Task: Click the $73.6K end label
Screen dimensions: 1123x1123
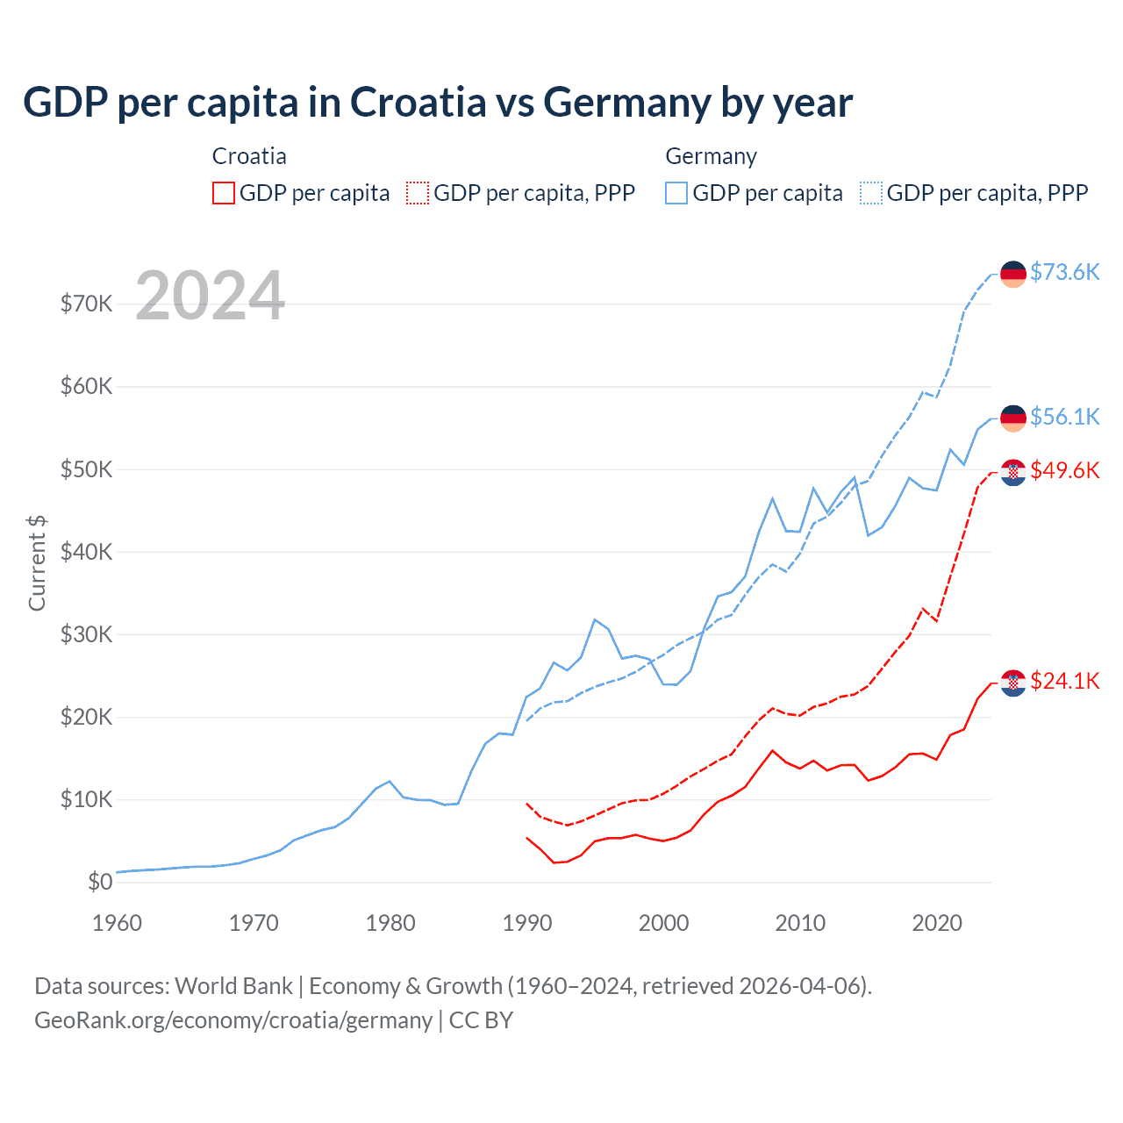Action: [1064, 272]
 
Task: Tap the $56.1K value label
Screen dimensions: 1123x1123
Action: [1064, 417]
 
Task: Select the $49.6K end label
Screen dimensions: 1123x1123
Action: [1064, 470]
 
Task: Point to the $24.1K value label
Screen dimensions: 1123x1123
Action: [1064, 681]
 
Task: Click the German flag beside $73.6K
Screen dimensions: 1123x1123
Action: [1013, 274]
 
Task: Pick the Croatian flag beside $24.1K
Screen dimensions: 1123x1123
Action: [1013, 683]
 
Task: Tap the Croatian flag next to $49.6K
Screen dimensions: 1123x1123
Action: [1013, 472]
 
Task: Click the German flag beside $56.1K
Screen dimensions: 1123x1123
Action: [1013, 418]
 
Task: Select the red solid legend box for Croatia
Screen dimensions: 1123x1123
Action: [224, 193]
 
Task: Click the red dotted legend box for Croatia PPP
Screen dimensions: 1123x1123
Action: [418, 193]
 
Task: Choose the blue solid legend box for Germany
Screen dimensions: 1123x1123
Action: [676, 193]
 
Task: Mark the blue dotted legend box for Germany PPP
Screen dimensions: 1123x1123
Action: [871, 193]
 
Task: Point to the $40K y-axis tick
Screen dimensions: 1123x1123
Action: [86, 552]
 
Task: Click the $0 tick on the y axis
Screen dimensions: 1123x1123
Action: [100, 882]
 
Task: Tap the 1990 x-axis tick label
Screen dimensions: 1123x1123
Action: [527, 923]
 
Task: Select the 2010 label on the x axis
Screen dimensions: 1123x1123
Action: [800, 923]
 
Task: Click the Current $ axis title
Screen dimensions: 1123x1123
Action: [37, 562]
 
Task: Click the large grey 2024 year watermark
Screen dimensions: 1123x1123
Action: [211, 296]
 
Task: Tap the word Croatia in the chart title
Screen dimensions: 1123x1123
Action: [418, 102]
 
